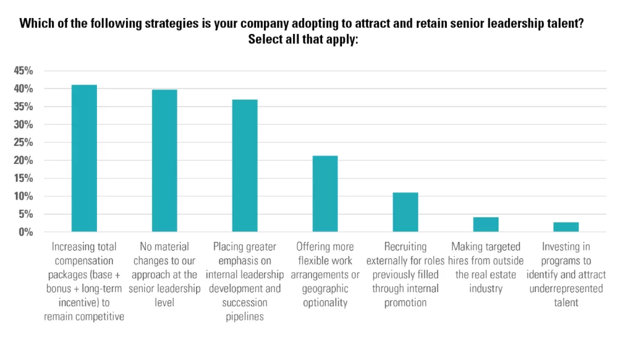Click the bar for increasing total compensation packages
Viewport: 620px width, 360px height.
(x=84, y=158)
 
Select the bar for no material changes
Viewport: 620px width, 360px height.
(x=165, y=160)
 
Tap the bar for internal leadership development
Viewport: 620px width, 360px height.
(x=245, y=166)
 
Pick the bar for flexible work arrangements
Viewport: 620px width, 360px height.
(x=325, y=194)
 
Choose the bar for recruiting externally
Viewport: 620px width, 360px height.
(x=405, y=212)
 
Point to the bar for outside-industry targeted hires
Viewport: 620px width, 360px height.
(x=486, y=224)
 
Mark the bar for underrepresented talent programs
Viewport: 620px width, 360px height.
(x=566, y=227)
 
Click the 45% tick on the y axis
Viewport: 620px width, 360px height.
(x=24, y=71)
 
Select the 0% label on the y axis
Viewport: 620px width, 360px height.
(x=25, y=232)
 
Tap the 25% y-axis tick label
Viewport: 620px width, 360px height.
(x=24, y=142)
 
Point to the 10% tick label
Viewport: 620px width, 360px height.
(x=24, y=196)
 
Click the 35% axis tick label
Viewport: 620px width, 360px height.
(x=24, y=106)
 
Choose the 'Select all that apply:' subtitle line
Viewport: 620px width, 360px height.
(x=303, y=39)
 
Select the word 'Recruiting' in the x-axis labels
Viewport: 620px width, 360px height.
(x=405, y=247)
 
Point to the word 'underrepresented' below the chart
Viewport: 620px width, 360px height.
(x=566, y=289)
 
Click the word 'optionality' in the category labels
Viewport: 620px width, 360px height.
(x=325, y=303)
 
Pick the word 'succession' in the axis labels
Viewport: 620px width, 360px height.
(x=245, y=303)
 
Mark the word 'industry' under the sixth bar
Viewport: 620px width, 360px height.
(x=486, y=289)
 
